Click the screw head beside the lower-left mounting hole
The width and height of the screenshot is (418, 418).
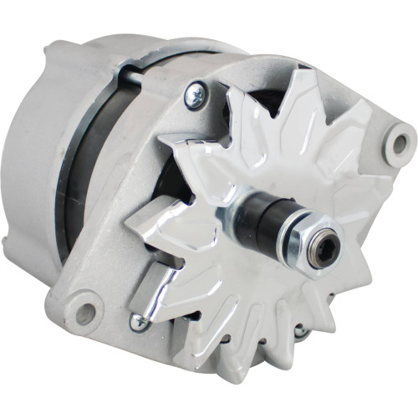136,322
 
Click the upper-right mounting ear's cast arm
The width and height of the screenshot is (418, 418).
368,125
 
